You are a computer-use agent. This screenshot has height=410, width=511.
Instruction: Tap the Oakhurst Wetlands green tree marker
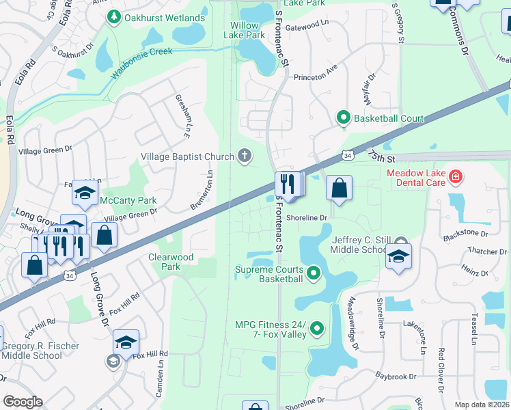pyautogui.click(x=114, y=16)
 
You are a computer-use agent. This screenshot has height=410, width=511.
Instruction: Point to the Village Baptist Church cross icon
pyautogui.click(x=244, y=156)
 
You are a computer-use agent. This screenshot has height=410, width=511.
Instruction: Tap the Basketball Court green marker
pyautogui.click(x=344, y=118)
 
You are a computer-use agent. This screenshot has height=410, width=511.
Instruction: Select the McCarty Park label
pyautogui.click(x=128, y=200)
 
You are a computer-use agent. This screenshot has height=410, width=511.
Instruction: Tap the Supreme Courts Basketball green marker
pyautogui.click(x=314, y=273)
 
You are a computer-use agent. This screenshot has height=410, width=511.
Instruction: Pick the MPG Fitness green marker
pyautogui.click(x=317, y=329)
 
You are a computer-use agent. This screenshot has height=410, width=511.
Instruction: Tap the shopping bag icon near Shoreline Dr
pyautogui.click(x=339, y=188)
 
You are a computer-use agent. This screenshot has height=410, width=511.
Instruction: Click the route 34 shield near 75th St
pyautogui.click(x=348, y=156)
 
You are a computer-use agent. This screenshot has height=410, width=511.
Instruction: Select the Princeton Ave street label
pyautogui.click(x=316, y=77)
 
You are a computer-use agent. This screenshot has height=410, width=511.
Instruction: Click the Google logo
pyautogui.click(x=23, y=402)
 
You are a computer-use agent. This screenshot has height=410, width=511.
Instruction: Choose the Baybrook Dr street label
pyautogui.click(x=395, y=376)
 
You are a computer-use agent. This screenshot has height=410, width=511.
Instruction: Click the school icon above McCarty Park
pyautogui.click(x=85, y=194)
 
